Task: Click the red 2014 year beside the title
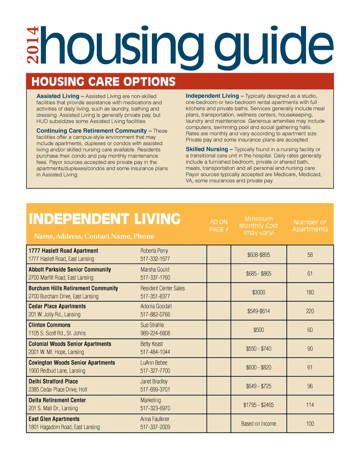pyautogui.click(x=33, y=45)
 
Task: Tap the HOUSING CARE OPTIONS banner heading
pyautogui.click(x=103, y=82)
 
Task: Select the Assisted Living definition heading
pyautogui.click(x=58, y=96)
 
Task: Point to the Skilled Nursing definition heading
pyautogui.click(x=207, y=149)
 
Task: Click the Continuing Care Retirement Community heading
pyautogui.click(x=91, y=131)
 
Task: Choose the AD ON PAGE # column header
pyautogui.click(x=219, y=226)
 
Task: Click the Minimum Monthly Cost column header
pyautogui.click(x=258, y=226)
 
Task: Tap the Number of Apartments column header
pyautogui.click(x=310, y=226)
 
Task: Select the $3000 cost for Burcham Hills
pyautogui.click(x=258, y=292)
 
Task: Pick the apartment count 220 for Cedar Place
pyautogui.click(x=310, y=311)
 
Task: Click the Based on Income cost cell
pyautogui.click(x=258, y=424)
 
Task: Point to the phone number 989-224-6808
pyautogui.click(x=155, y=333)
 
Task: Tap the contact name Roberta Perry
pyautogui.click(x=154, y=251)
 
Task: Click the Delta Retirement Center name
pyautogui.click(x=57, y=400)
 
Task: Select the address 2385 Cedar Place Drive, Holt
pyautogui.click(x=58, y=389)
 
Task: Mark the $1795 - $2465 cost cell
pyautogui.click(x=258, y=405)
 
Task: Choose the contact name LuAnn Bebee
pyautogui.click(x=154, y=363)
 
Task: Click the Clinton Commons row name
pyautogui.click(x=49, y=325)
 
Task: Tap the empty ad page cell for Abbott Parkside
pyautogui.click(x=219, y=274)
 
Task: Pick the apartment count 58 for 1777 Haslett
pyautogui.click(x=310, y=255)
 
